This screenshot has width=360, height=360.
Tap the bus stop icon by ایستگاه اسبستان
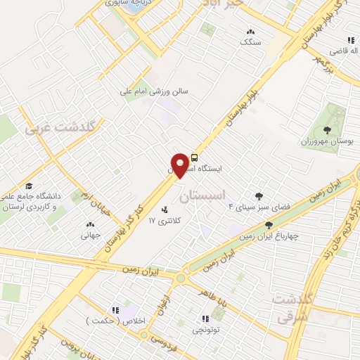(194, 157)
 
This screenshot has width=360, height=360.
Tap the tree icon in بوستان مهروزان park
(328, 129)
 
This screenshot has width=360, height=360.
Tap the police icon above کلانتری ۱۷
(165, 209)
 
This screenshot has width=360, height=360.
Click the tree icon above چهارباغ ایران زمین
(269, 225)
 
